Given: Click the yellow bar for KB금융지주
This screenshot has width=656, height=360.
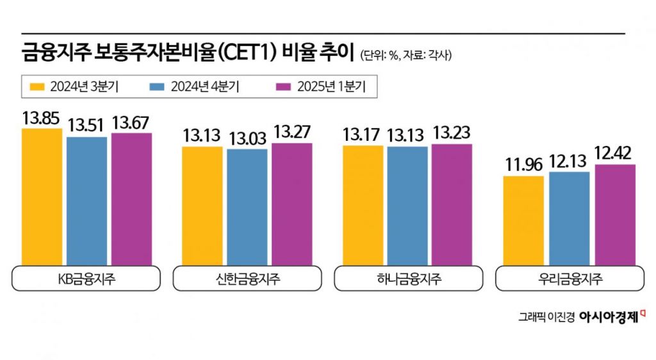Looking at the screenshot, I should pos(42,197).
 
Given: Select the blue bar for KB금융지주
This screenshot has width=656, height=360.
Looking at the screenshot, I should pos(86,200).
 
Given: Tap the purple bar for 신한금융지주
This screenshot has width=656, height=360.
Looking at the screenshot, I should pos(291,204).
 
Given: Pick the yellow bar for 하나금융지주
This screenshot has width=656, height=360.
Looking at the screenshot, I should pos(363,205).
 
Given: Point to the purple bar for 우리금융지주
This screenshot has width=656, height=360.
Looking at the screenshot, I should pos(615,215).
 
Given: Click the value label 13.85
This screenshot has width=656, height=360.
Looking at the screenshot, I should pos(41,119).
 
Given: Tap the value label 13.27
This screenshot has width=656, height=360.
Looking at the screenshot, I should pos(292,132).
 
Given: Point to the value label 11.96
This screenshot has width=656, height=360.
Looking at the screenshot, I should pos(523,165).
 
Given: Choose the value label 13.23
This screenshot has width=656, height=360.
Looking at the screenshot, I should pos(451,133).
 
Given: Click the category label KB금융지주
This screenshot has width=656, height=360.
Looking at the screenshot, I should pos(86,279).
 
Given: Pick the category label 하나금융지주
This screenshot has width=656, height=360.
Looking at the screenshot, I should pos(408,279).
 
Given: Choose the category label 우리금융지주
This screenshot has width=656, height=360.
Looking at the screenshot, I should pos(570,279).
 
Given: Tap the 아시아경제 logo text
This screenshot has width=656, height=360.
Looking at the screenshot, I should pos(609,316).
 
